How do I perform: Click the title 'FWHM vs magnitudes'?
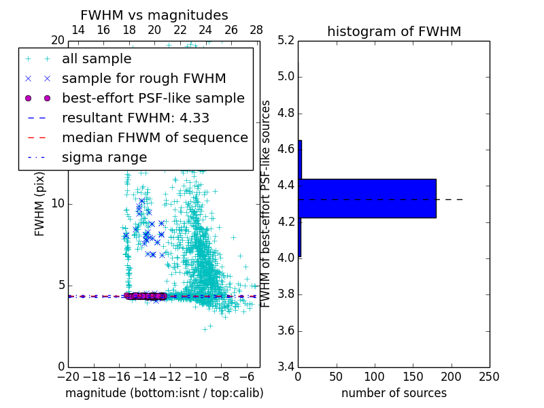154,15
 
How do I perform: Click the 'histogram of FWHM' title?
394,31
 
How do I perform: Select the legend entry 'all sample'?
97,59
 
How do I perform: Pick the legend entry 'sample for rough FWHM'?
143,79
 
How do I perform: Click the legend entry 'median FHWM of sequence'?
154,137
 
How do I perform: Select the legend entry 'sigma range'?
104,158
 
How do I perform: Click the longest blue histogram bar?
367,199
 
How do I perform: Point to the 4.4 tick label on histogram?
285,185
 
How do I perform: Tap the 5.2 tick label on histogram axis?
285,40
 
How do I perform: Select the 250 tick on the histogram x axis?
489,376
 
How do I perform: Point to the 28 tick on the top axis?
256,30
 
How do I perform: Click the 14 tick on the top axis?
78,30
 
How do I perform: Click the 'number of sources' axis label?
394,393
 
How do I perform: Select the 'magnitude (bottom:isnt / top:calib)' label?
164,393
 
